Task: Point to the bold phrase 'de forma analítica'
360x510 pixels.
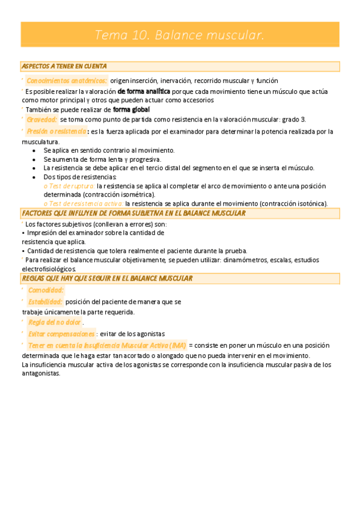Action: pos(144,91)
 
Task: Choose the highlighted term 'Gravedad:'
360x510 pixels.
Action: pos(42,120)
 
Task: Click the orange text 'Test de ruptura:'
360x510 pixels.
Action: pos(70,186)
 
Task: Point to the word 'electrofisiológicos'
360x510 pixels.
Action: pos(49,269)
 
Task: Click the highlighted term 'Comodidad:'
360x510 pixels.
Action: pos(46,290)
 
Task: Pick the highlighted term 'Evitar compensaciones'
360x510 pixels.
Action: pos(61,334)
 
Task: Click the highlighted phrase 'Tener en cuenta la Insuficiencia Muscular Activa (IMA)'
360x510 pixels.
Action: pos(106,345)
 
